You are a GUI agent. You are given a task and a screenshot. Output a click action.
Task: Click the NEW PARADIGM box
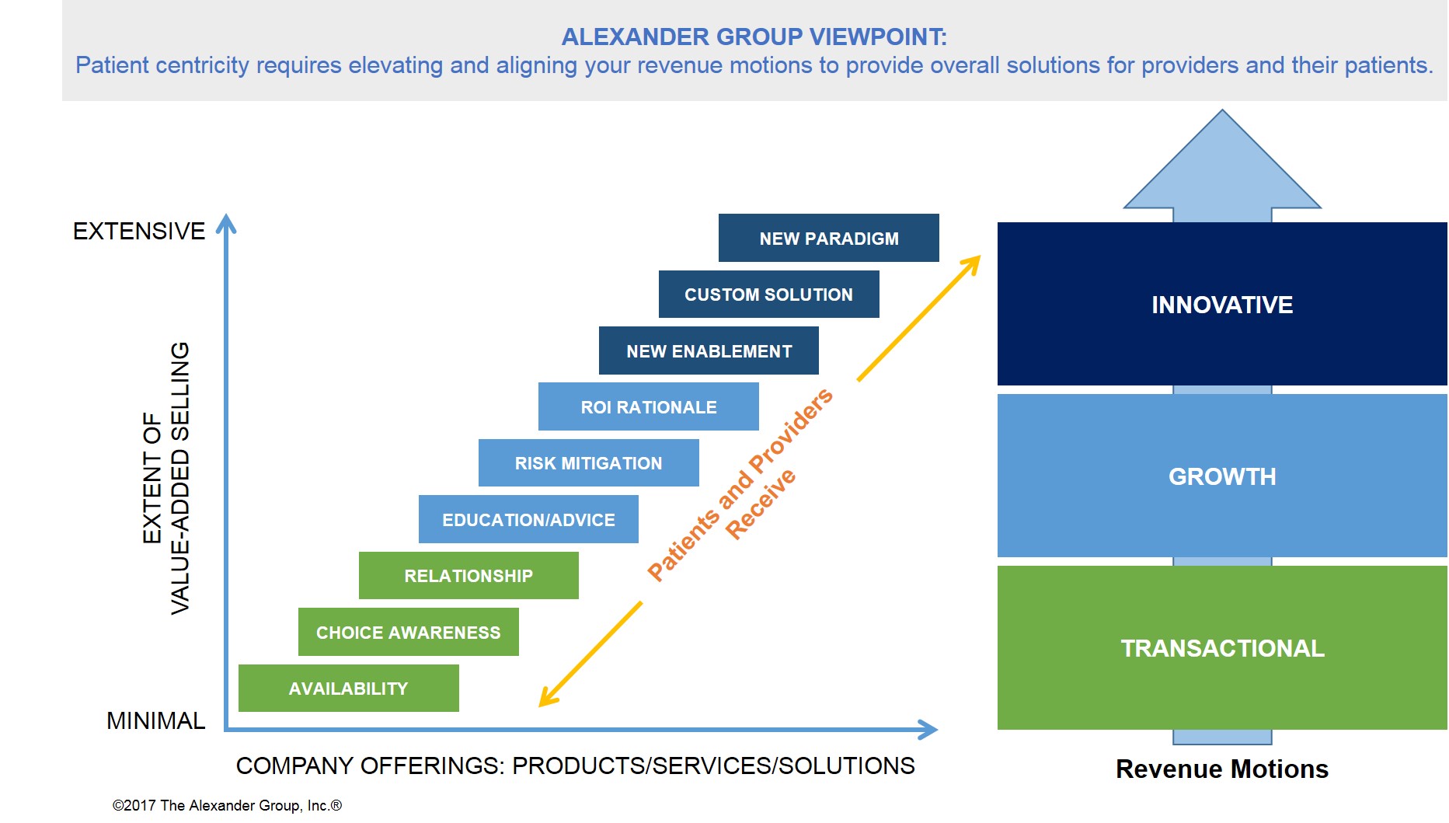coord(829,238)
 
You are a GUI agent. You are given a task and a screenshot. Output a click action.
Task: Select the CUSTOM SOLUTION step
coord(769,294)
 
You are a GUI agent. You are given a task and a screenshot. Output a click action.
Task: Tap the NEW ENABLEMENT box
coord(709,350)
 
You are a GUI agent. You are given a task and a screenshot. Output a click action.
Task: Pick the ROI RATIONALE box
coord(649,406)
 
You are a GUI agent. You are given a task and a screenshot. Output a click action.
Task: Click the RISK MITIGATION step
coord(589,463)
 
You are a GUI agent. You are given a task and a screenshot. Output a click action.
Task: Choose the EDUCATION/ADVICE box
coord(528,519)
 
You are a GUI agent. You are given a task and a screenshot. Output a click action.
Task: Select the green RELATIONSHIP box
coord(468,575)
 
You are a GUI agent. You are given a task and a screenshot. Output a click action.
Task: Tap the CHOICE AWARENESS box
coord(409,632)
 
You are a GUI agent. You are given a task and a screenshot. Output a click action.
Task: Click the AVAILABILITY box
coord(349,688)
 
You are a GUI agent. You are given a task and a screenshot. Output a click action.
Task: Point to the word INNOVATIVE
coord(1222,305)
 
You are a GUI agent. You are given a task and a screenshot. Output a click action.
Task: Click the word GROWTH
coord(1222,476)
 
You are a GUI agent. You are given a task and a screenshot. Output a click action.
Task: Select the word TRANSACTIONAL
coord(1222,648)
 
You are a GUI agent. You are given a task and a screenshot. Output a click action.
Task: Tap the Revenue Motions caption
coord(1222,769)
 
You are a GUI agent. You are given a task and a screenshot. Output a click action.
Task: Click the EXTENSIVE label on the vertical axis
coord(139,231)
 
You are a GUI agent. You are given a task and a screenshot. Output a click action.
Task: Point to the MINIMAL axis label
coord(155,720)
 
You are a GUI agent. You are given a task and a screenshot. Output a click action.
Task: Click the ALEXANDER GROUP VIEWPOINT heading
coord(754,37)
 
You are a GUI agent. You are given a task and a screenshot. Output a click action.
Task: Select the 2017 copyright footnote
coord(227,805)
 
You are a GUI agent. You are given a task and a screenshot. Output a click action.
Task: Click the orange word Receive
coord(761,504)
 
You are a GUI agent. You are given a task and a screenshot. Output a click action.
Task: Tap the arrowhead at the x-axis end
coord(928,729)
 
